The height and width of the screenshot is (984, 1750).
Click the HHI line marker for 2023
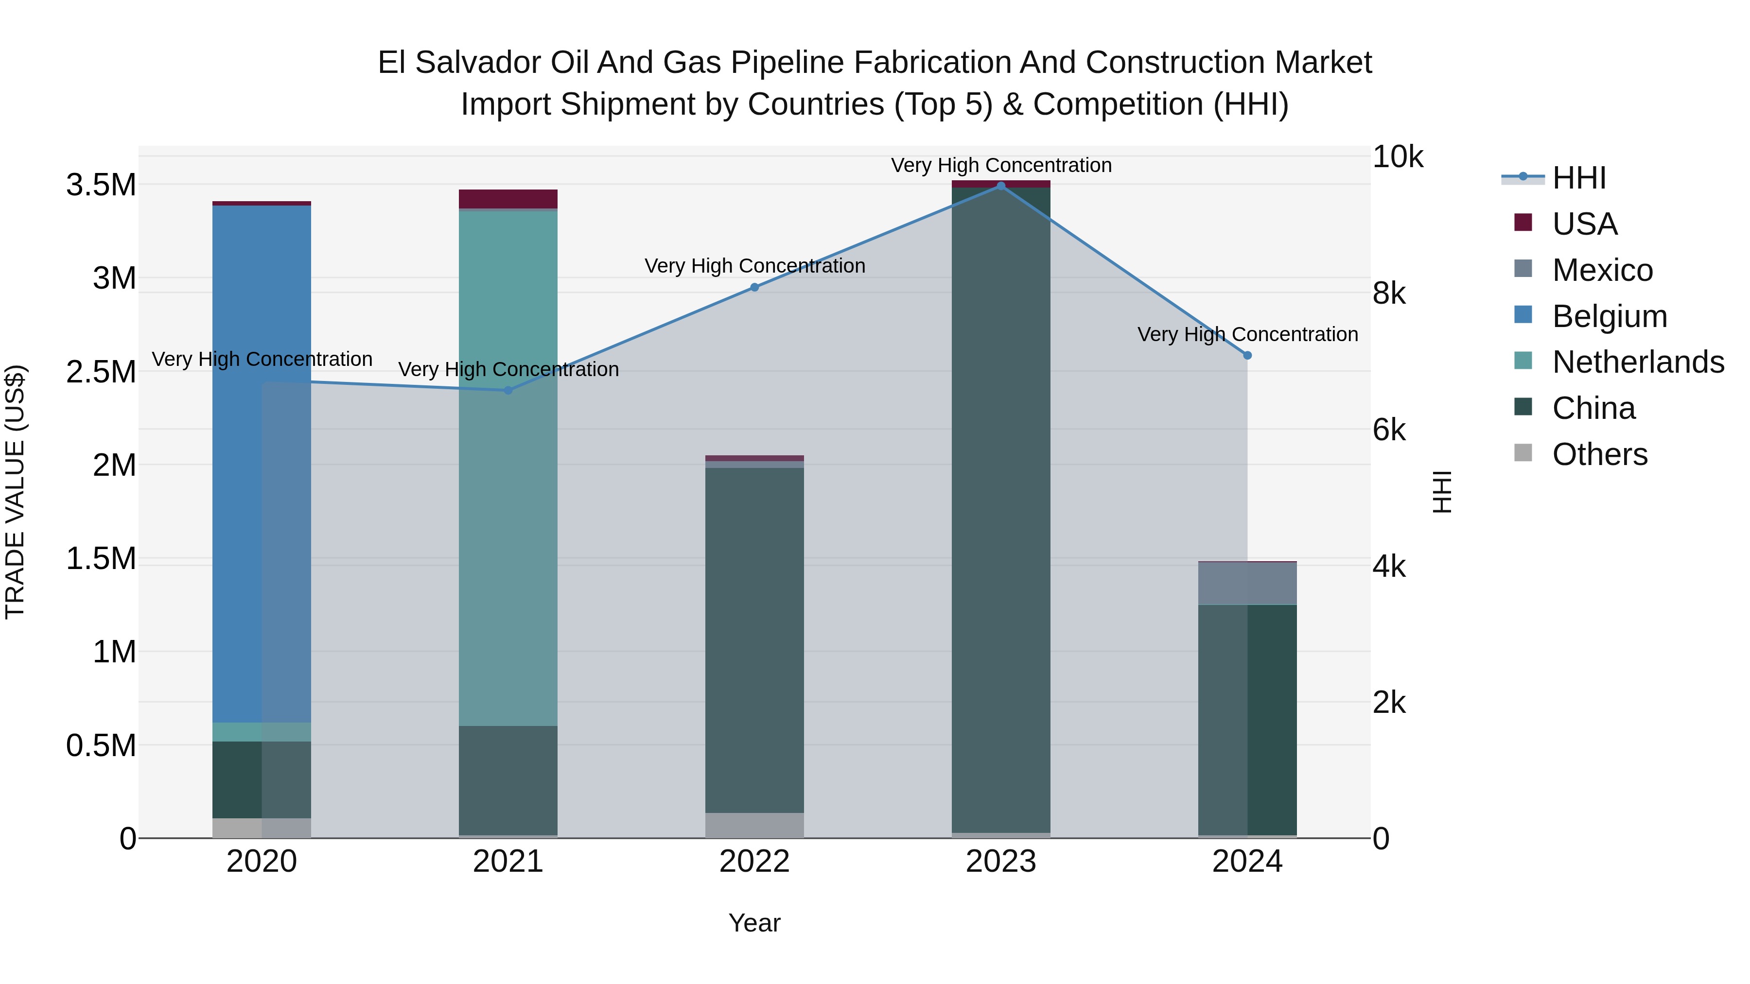coord(1001,186)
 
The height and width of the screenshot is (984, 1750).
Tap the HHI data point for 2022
coord(754,287)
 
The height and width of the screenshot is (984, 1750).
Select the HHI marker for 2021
coord(508,391)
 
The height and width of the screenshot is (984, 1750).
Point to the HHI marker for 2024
coord(1247,355)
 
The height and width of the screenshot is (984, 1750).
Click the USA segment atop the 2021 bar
coord(508,199)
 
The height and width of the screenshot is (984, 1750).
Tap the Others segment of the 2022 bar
coord(754,825)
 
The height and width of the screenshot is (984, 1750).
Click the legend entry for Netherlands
coord(1638,362)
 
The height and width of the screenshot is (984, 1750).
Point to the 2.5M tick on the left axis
coord(101,372)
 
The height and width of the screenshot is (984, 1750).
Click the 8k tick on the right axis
coord(1389,293)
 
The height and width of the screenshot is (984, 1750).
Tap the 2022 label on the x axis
coord(754,862)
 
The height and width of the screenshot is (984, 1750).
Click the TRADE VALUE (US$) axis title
coord(15,492)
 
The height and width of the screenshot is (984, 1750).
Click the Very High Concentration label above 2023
coord(1001,165)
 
